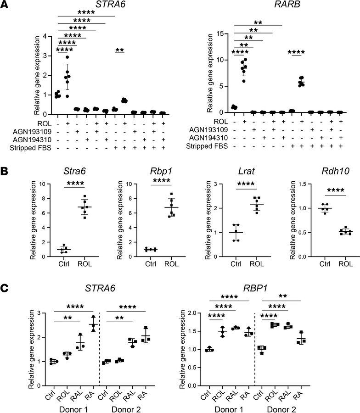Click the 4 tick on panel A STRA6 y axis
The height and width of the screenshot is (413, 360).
pyautogui.click(x=44, y=36)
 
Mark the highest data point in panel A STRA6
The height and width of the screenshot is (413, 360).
pyautogui.click(x=67, y=57)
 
